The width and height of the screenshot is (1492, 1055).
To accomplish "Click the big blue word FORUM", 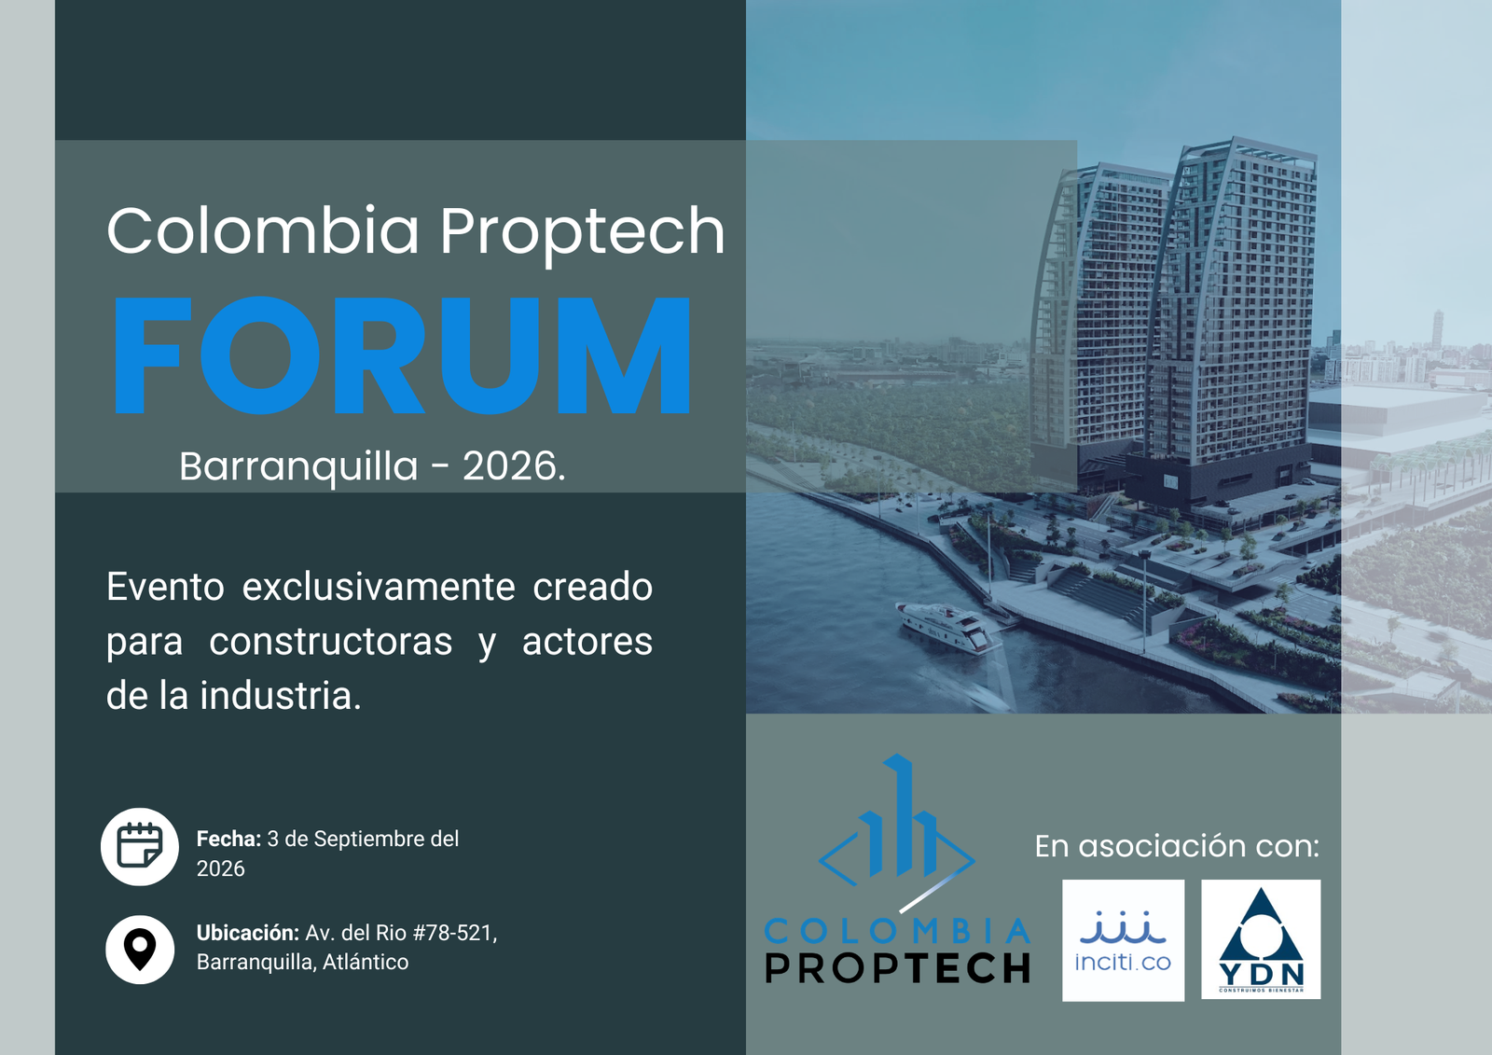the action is (x=402, y=355).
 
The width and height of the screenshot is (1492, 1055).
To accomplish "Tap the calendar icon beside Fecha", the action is (x=140, y=846).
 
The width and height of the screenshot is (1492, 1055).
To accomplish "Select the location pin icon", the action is (x=140, y=949).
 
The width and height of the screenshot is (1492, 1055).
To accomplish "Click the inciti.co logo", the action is (x=1123, y=940).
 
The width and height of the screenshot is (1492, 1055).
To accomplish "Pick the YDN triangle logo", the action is (x=1261, y=939).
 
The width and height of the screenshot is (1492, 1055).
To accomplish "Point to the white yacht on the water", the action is (x=948, y=627).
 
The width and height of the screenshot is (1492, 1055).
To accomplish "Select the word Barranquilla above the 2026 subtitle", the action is (x=298, y=466).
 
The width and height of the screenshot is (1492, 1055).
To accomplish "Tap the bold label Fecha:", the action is (x=228, y=839).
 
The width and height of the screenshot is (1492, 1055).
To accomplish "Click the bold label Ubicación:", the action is (x=248, y=933).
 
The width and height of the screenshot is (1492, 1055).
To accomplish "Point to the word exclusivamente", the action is (x=379, y=587).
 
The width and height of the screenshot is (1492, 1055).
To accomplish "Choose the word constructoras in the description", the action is (x=331, y=642).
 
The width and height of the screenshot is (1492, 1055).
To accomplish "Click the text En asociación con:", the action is (x=1177, y=846).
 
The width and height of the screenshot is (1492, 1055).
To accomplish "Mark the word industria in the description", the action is (x=281, y=696).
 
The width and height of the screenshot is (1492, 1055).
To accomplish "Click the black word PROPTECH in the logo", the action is (x=897, y=967).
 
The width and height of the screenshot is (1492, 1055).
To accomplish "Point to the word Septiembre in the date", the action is (x=373, y=840).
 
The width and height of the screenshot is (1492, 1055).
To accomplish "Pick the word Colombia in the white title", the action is (x=262, y=229).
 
